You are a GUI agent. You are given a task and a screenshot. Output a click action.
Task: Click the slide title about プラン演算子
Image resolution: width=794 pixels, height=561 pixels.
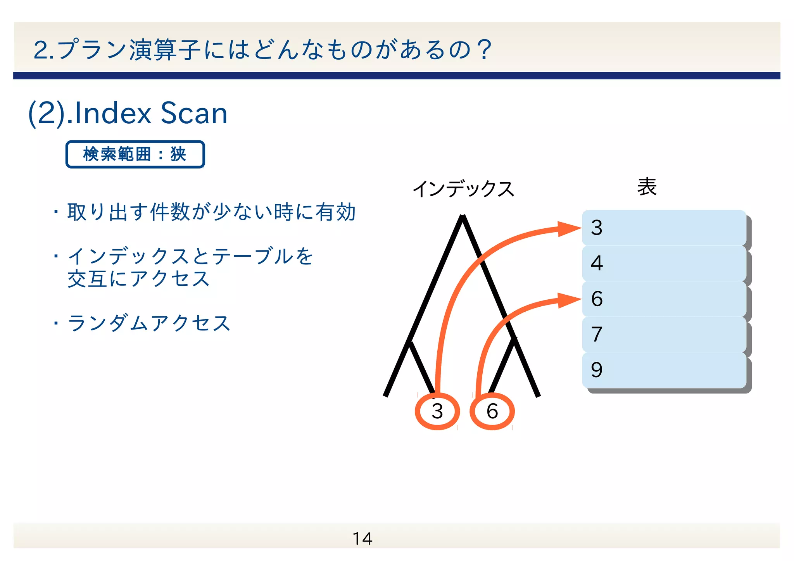(262, 50)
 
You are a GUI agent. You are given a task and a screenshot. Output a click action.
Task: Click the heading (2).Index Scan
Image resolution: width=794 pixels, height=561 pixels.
(128, 113)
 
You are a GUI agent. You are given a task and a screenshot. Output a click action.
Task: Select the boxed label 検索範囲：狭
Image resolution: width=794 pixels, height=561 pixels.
(135, 154)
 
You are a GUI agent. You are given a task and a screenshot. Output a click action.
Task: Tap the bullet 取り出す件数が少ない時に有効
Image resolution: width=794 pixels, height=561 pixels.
(211, 212)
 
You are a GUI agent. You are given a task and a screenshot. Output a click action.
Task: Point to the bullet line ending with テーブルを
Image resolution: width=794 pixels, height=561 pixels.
(190, 256)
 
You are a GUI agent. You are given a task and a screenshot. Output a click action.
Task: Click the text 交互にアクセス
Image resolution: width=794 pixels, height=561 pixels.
(138, 279)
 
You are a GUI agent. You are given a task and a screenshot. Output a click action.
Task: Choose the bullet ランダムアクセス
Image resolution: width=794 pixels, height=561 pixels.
(149, 323)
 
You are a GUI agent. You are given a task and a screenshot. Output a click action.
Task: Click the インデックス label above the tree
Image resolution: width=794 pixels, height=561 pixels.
(463, 189)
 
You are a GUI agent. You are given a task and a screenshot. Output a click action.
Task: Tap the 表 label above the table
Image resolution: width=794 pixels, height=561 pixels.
(647, 187)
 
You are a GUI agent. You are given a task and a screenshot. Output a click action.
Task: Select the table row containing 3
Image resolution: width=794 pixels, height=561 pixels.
(664, 228)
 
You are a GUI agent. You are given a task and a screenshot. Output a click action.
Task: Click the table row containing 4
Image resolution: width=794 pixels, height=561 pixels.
(664, 263)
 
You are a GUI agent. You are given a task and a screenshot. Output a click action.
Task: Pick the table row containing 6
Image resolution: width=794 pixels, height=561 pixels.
(664, 299)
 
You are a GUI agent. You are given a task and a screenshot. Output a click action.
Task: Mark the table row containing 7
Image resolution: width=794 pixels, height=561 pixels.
(664, 334)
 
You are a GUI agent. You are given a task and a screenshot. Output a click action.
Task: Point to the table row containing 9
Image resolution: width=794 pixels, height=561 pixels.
(664, 370)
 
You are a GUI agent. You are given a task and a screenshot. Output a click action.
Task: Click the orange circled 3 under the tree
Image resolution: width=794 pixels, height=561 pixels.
(437, 411)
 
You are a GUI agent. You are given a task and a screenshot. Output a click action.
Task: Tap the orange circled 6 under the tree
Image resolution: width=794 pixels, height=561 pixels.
(492, 411)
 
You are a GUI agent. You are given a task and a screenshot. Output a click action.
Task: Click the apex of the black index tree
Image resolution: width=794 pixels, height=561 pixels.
(463, 217)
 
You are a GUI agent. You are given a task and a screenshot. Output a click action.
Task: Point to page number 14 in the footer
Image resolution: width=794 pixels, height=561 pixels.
(362, 539)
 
